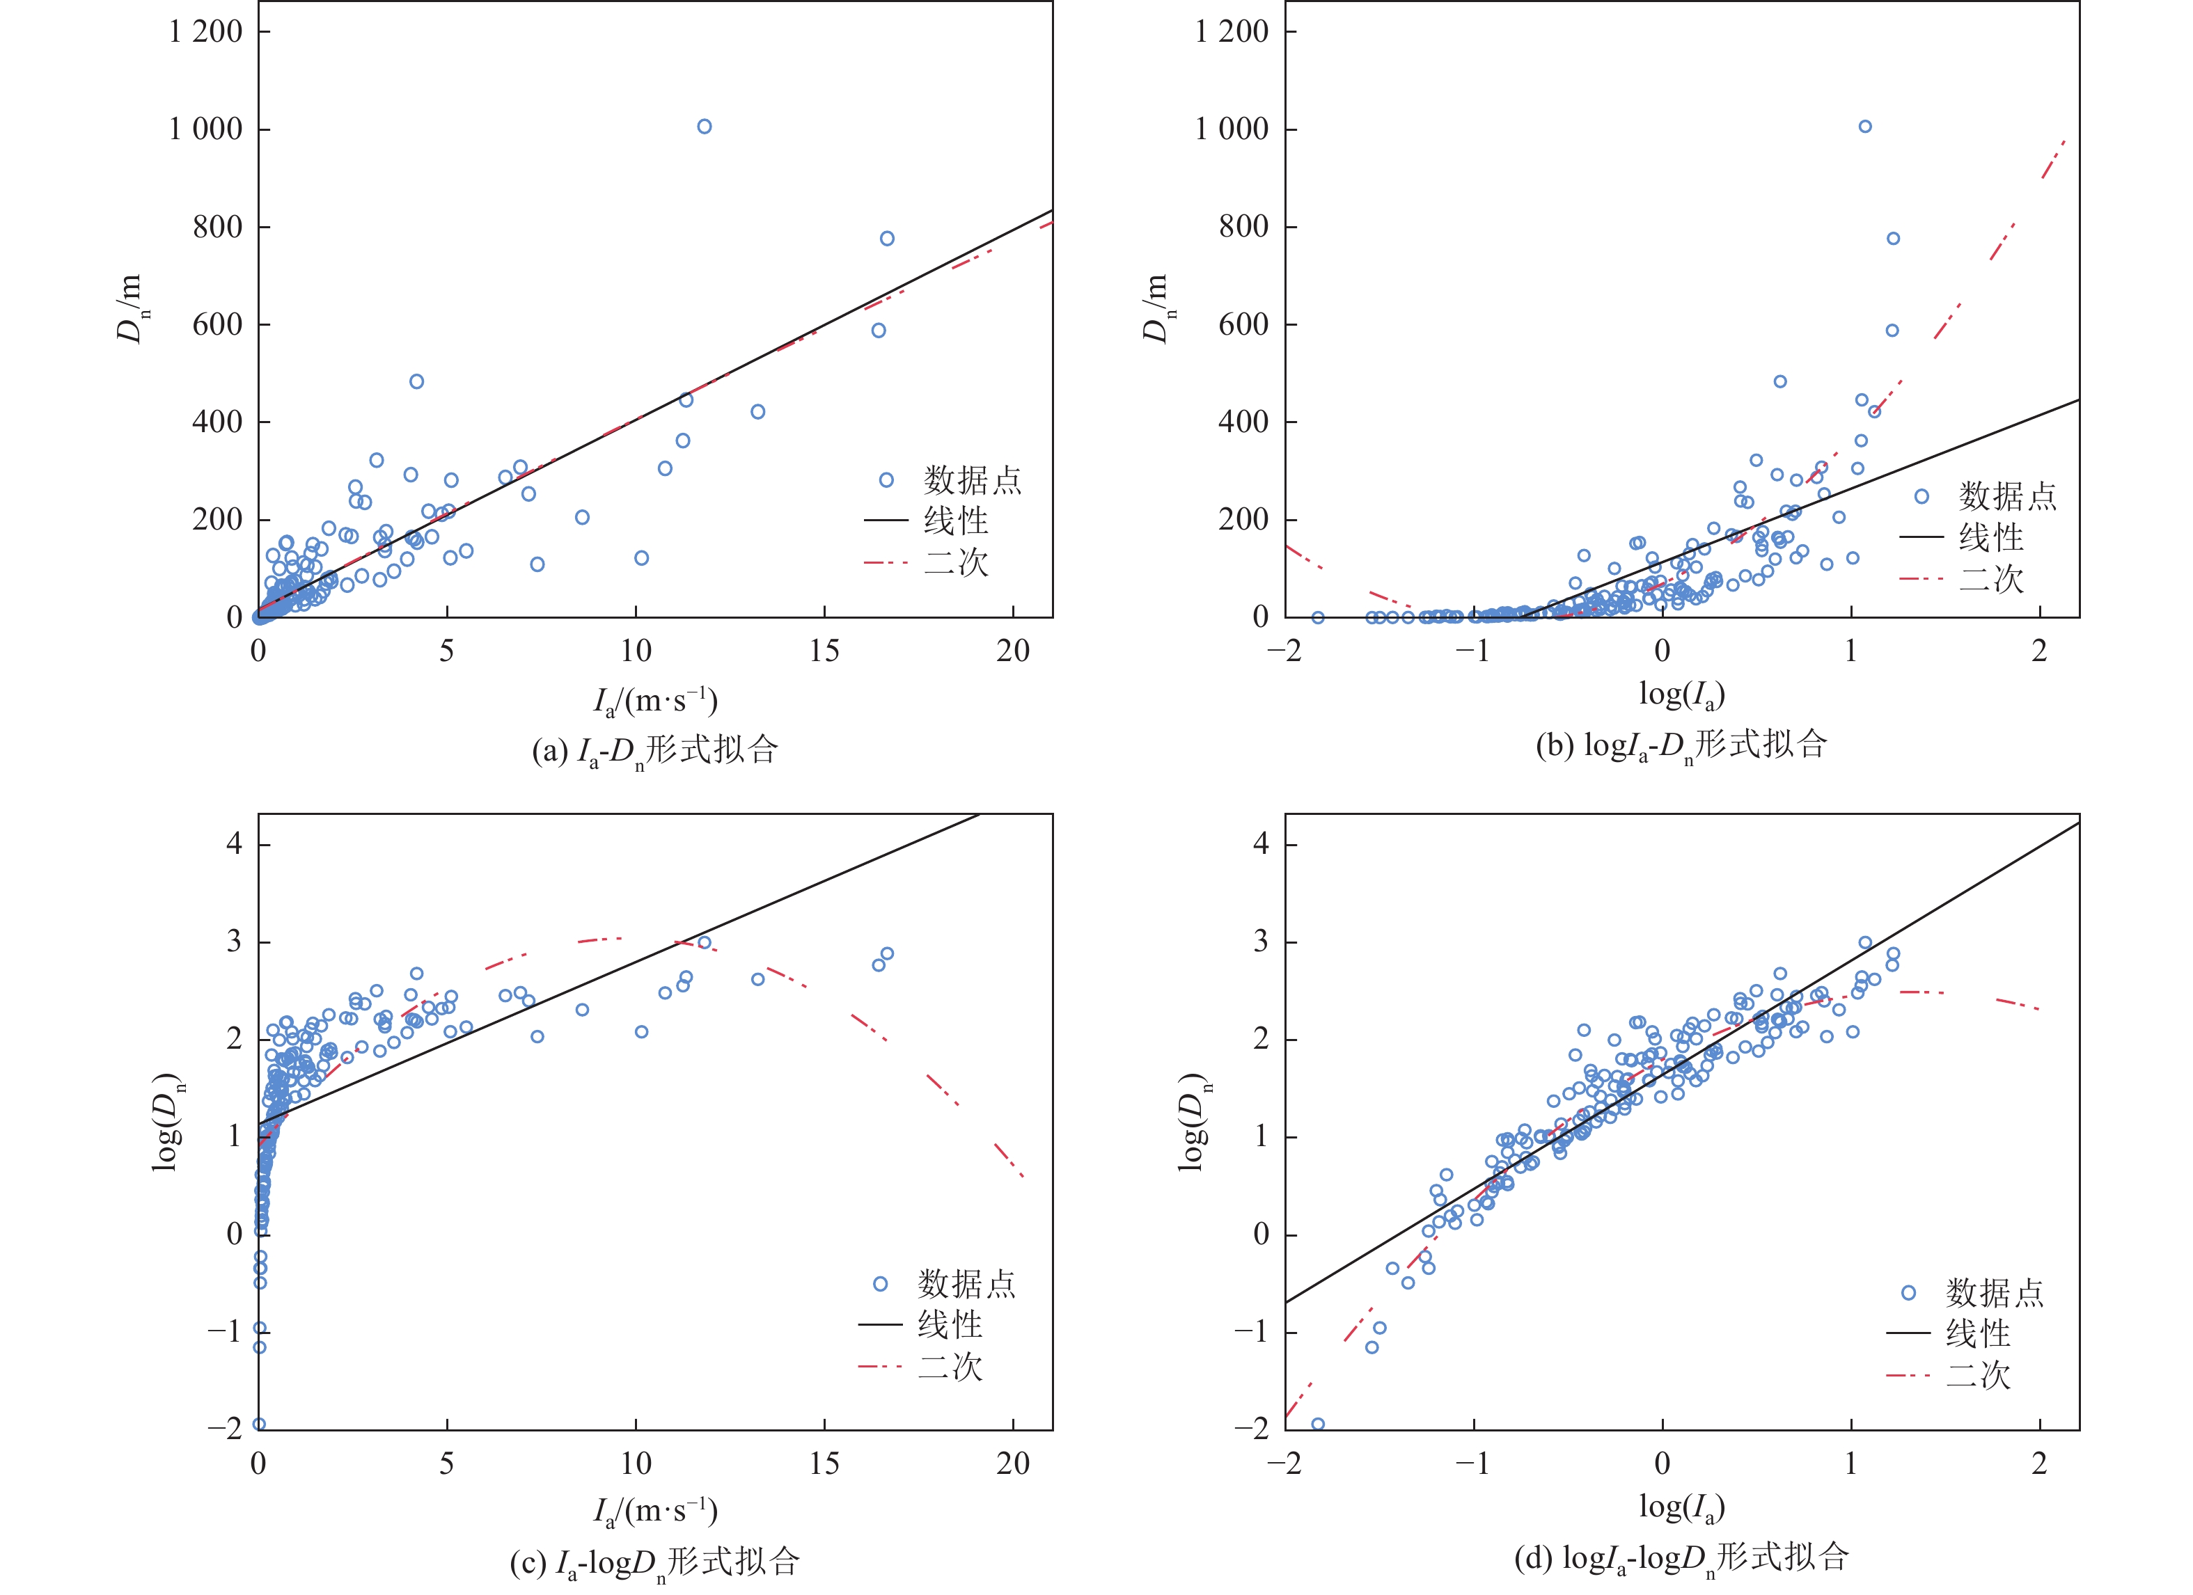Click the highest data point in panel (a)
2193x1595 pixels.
tap(704, 127)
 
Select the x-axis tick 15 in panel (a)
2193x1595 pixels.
tap(824, 651)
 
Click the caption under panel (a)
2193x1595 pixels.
tap(654, 750)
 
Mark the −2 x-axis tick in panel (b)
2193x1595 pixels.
tap(1285, 651)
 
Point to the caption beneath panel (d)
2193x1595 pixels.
tap(1681, 1558)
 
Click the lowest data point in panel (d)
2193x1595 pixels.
tap(1317, 1424)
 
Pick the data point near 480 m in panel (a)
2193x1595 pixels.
tap(416, 382)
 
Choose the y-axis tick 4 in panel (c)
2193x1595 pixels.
tap(234, 844)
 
